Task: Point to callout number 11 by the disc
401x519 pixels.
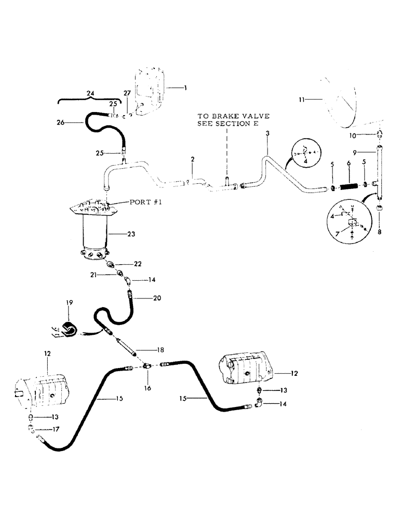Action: point(303,97)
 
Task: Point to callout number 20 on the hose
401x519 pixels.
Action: point(157,298)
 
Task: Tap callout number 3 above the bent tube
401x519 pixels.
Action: point(267,134)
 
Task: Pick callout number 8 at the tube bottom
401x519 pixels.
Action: point(380,233)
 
